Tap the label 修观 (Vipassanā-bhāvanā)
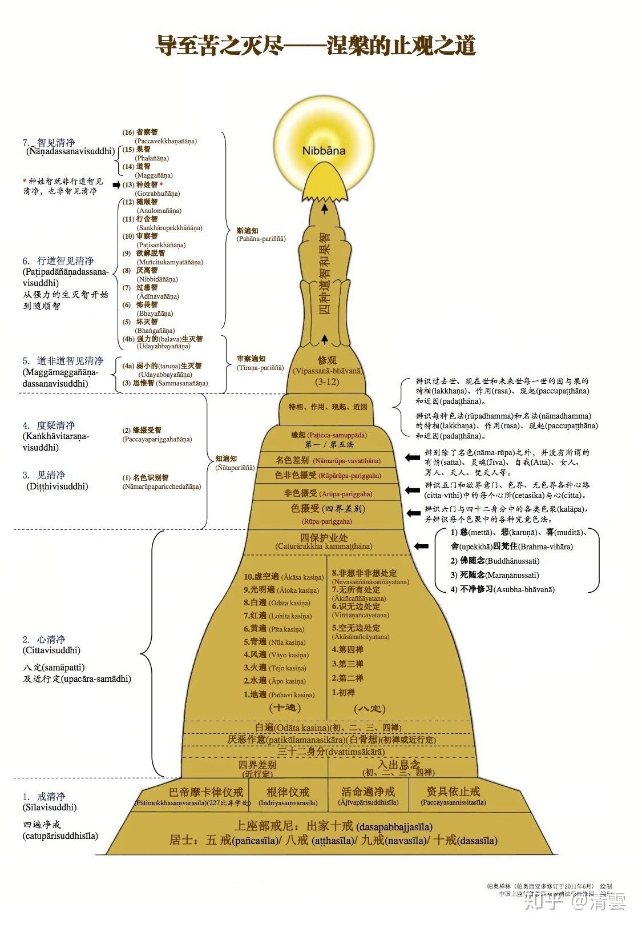tap(327, 361)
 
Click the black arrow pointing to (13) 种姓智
tap(116, 185)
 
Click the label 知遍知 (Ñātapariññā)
tap(227, 459)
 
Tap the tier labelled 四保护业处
tap(324, 538)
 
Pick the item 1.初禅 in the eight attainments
tap(344, 693)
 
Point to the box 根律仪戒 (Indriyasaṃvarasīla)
tap(288, 793)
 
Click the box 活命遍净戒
tap(368, 793)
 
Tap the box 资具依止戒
tap(453, 793)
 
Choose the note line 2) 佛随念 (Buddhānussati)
tap(495, 561)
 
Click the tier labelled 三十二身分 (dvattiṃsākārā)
tap(327, 752)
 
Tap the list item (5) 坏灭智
tap(148, 322)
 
